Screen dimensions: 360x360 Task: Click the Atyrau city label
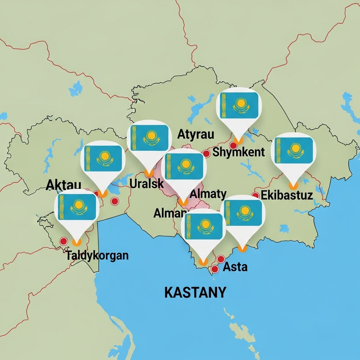196,134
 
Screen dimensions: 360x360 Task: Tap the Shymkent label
238,152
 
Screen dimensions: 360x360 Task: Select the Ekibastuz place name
287,196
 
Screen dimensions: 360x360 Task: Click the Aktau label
63,184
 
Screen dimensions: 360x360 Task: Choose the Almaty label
208,194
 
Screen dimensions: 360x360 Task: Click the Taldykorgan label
97,256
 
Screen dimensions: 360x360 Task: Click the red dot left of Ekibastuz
255,195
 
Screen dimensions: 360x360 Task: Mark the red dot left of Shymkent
206,153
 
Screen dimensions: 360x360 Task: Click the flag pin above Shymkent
239,108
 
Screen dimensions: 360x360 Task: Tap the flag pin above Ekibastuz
293,151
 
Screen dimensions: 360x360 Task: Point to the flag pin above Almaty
183,166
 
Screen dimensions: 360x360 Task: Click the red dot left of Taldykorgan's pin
63,241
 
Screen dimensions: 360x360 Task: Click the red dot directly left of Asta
215,269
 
